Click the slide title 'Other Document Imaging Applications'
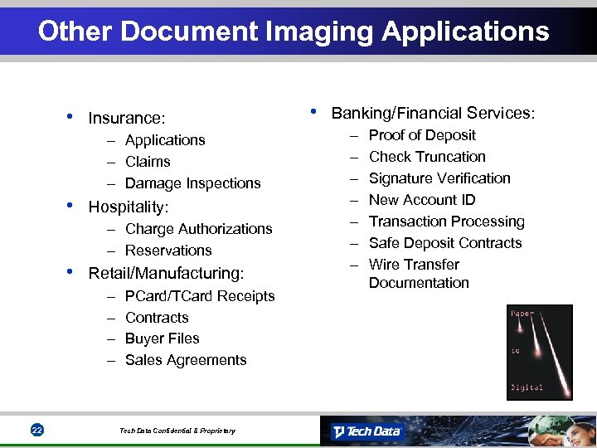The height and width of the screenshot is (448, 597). coord(294,32)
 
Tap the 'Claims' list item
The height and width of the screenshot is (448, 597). coord(148,162)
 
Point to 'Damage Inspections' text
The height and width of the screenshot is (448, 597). coord(192,183)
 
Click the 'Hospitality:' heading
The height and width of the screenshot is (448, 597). coord(129,207)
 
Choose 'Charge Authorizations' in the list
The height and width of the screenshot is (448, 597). coord(198,229)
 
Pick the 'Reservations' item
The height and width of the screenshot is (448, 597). coord(168,251)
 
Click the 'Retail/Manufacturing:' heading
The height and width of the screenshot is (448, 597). coord(166,273)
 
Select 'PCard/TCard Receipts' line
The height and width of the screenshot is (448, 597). coord(200,296)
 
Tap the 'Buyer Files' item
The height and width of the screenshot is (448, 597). coord(163,338)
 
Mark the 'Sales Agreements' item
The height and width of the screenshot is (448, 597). coord(186,360)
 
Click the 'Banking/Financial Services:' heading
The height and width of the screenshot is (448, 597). coord(433,113)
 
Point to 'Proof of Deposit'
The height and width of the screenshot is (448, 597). coord(422,135)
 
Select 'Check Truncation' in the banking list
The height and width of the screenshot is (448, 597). coord(427,157)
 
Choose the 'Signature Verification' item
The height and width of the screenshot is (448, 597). coord(439,178)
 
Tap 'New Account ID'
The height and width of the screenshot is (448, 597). coord(422,200)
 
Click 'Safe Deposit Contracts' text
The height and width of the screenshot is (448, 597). coord(445,243)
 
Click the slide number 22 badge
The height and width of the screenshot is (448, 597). coord(36,430)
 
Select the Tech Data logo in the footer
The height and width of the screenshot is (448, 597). coord(366,431)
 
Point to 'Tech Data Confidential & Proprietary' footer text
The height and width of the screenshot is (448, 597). coord(177,431)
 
